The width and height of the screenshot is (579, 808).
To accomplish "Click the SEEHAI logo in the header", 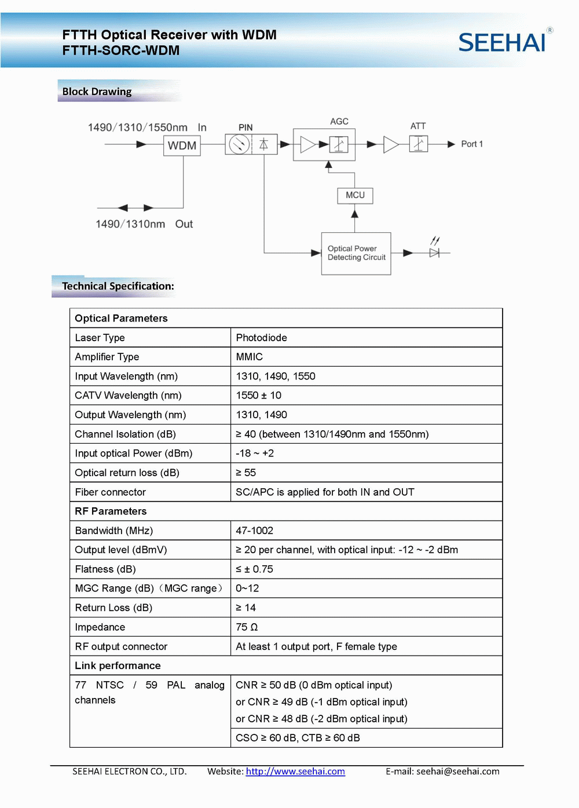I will click(503, 42).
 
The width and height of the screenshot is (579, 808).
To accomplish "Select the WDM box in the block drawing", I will click(182, 145).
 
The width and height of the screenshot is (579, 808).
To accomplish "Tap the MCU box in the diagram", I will click(355, 195).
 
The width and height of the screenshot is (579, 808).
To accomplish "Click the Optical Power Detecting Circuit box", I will click(356, 253).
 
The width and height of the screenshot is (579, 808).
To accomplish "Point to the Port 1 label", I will click(471, 144).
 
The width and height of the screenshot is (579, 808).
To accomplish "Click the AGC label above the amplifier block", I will click(339, 122).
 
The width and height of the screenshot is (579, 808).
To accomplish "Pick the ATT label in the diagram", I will click(418, 126).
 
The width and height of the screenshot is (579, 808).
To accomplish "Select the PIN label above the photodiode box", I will click(245, 127).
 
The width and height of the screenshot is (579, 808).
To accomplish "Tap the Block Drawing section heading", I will click(97, 92).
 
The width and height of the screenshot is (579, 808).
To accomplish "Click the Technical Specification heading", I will click(118, 286).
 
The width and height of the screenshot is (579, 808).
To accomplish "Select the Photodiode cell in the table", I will click(261, 338).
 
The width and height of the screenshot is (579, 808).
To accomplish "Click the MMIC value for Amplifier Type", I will click(249, 357).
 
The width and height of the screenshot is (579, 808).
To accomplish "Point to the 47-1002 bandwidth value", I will click(254, 531).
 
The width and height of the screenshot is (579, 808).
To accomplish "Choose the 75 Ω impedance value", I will click(247, 627).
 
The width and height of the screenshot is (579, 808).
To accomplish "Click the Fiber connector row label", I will click(110, 492).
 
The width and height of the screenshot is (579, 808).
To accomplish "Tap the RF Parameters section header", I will click(111, 511).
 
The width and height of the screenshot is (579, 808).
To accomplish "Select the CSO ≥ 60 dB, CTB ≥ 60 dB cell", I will click(298, 738).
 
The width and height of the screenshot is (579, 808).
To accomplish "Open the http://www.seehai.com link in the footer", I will click(295, 772).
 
